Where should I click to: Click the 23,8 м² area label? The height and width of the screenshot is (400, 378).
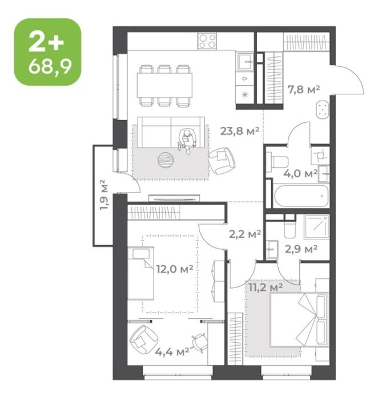pyautogui.click(x=240, y=131)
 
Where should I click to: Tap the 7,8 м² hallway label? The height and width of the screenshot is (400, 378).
pyautogui.click(x=304, y=90)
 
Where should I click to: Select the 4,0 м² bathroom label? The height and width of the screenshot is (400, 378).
pyautogui.click(x=300, y=174)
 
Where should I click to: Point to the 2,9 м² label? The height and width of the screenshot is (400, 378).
pyautogui.click(x=301, y=249)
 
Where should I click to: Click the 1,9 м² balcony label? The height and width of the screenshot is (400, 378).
pyautogui.click(x=104, y=195)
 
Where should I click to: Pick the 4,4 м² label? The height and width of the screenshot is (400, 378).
pyautogui.click(x=172, y=352)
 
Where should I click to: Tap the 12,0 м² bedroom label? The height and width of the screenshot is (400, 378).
pyautogui.click(x=175, y=269)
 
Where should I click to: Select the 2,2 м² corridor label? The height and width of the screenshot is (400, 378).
pyautogui.click(x=245, y=234)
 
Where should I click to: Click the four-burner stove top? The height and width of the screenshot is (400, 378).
pyautogui.click(x=207, y=41)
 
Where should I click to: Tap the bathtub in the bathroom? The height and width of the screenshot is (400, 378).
pyautogui.click(x=301, y=195)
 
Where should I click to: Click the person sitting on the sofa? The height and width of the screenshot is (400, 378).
pyautogui.click(x=187, y=141)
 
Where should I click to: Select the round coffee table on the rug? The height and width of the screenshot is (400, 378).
pyautogui.click(x=166, y=160)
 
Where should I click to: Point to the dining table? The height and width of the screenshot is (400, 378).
pyautogui.click(x=164, y=86)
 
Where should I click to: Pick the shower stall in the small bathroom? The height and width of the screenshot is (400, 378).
pyautogui.click(x=316, y=226)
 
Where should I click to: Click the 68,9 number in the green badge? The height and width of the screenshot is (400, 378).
pyautogui.click(x=50, y=66)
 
